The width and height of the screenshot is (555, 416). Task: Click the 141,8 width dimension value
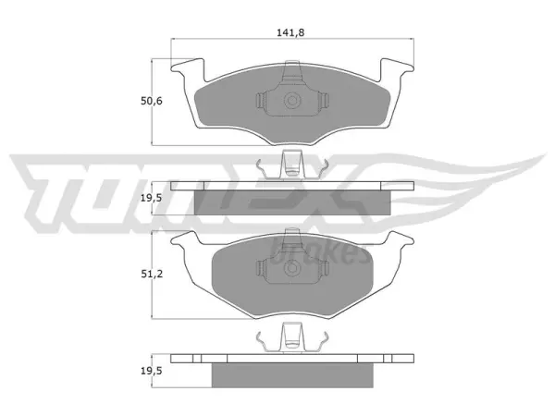click(290, 33)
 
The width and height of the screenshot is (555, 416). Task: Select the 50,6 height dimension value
click(152, 101)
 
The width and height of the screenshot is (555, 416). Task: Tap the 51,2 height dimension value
click(152, 274)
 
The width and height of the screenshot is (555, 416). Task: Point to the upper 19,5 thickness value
click(151, 198)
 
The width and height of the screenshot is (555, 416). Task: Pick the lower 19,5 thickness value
click(151, 371)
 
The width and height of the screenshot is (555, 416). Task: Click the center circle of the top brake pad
click(292, 101)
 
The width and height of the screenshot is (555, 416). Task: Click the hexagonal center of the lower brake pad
click(292, 268)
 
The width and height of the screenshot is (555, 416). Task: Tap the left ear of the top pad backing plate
click(188, 67)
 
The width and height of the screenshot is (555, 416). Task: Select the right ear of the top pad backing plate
click(397, 67)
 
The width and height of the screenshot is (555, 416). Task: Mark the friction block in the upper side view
click(292, 202)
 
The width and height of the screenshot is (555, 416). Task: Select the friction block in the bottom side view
click(292, 375)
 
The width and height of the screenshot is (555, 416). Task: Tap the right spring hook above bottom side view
click(323, 341)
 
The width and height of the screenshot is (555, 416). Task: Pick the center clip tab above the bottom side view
click(292, 337)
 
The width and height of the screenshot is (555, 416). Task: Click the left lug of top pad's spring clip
click(261, 101)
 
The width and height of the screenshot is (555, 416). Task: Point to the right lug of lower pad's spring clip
click(323, 268)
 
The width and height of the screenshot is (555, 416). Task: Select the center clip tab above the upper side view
click(292, 165)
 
